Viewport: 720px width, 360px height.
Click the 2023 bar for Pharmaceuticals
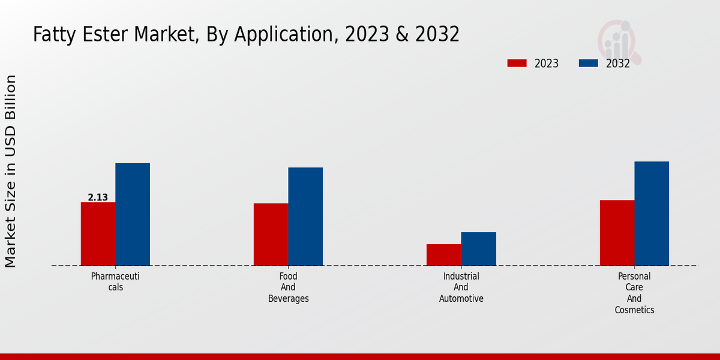98,234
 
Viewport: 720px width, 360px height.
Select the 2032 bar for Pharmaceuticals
133,214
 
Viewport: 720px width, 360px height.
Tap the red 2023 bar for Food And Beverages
271,235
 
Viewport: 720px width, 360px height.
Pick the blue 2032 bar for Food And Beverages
305,217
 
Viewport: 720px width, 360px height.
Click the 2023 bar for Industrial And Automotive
444,255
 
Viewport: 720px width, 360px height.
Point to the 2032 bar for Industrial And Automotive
479,249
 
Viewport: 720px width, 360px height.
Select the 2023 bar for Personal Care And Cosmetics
617,233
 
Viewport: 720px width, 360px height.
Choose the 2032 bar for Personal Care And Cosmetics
652,214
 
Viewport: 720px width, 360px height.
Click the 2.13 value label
98,197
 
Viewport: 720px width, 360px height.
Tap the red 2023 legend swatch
517,63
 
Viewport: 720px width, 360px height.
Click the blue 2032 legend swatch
589,63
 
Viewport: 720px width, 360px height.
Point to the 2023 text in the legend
546,64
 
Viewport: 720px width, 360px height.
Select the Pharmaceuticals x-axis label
115,282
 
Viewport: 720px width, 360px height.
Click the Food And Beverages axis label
289,287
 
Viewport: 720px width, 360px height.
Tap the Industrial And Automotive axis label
461,287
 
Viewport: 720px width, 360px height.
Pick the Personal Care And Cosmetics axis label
634,293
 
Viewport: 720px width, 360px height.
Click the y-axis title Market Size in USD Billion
11,171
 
